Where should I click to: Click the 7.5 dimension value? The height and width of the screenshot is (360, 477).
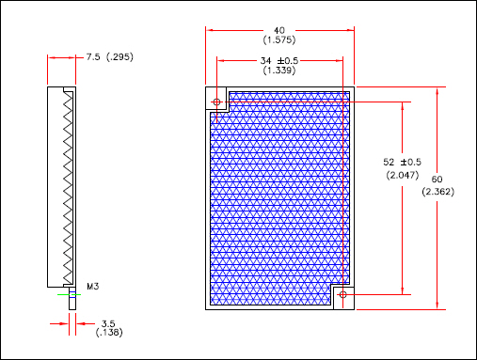point(93,57)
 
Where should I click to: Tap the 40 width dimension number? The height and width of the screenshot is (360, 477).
point(280,30)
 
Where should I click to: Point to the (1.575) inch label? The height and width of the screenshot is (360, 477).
point(280,40)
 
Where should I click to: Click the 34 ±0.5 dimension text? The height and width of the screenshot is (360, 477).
point(280,61)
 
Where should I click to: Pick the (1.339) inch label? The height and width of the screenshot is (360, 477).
point(280,71)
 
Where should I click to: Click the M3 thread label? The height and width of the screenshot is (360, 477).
point(93,286)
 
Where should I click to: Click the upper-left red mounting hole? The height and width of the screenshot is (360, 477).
point(217,101)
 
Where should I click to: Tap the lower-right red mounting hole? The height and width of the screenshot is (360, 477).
point(342,295)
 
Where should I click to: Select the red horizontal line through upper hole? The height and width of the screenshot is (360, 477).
point(282,101)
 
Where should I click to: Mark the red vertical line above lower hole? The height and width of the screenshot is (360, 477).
point(342,188)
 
